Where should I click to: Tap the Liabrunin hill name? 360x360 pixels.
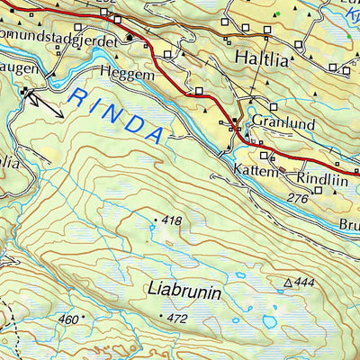[x=184, y=291]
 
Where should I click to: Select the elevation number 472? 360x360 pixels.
[x=177, y=318]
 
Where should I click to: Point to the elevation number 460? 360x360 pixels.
[x=68, y=319]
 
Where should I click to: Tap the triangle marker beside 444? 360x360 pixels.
[x=289, y=283]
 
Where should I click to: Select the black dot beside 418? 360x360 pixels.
[x=156, y=220]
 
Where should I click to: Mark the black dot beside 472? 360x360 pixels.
[x=162, y=317]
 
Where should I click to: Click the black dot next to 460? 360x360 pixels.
[x=84, y=318]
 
